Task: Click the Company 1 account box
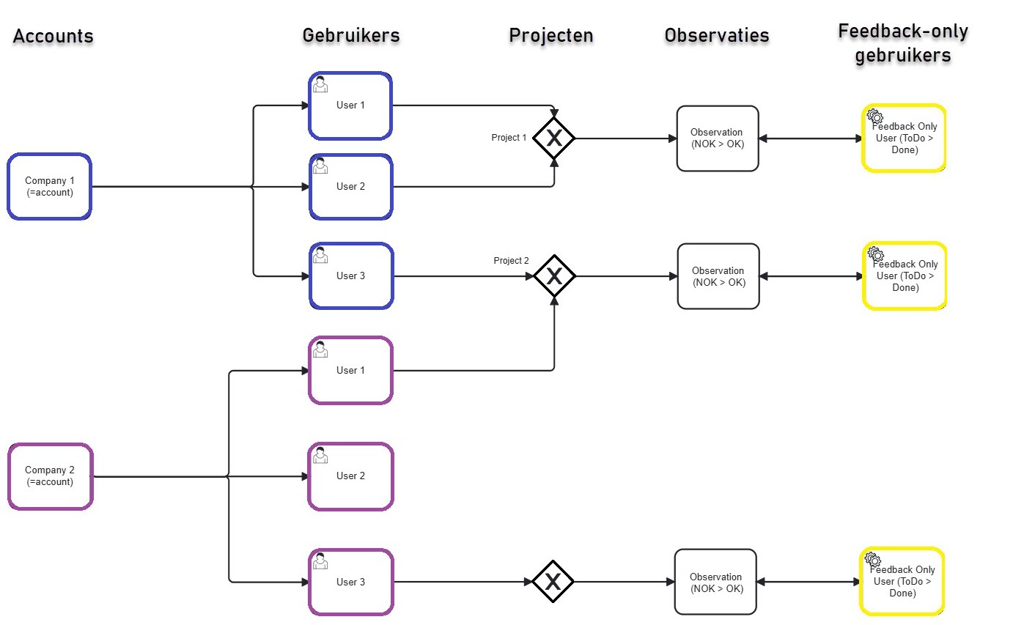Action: (x=50, y=187)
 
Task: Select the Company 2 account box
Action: (x=50, y=476)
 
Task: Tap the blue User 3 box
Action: (x=351, y=276)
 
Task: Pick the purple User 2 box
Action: (x=351, y=476)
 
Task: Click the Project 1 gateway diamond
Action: (x=554, y=138)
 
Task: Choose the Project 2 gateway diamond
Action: (x=554, y=276)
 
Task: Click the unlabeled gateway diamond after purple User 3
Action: (x=553, y=582)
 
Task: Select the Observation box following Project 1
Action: (x=717, y=138)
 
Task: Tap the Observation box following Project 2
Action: (x=718, y=276)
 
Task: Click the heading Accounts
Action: (x=54, y=36)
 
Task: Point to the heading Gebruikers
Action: (x=351, y=35)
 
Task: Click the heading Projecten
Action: (x=551, y=35)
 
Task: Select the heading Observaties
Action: (x=717, y=35)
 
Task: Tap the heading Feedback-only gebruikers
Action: (x=903, y=43)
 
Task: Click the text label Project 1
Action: (x=509, y=138)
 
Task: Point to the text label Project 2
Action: (x=511, y=261)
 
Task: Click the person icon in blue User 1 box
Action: (x=320, y=85)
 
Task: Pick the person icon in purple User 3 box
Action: (x=320, y=561)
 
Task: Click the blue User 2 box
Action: (x=351, y=187)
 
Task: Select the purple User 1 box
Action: (x=351, y=371)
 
